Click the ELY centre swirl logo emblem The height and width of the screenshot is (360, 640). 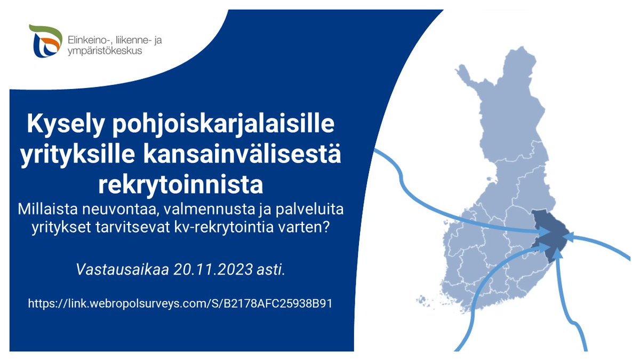(46, 42)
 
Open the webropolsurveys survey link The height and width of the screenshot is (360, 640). (181, 303)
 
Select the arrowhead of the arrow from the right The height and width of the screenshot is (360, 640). (570, 238)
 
